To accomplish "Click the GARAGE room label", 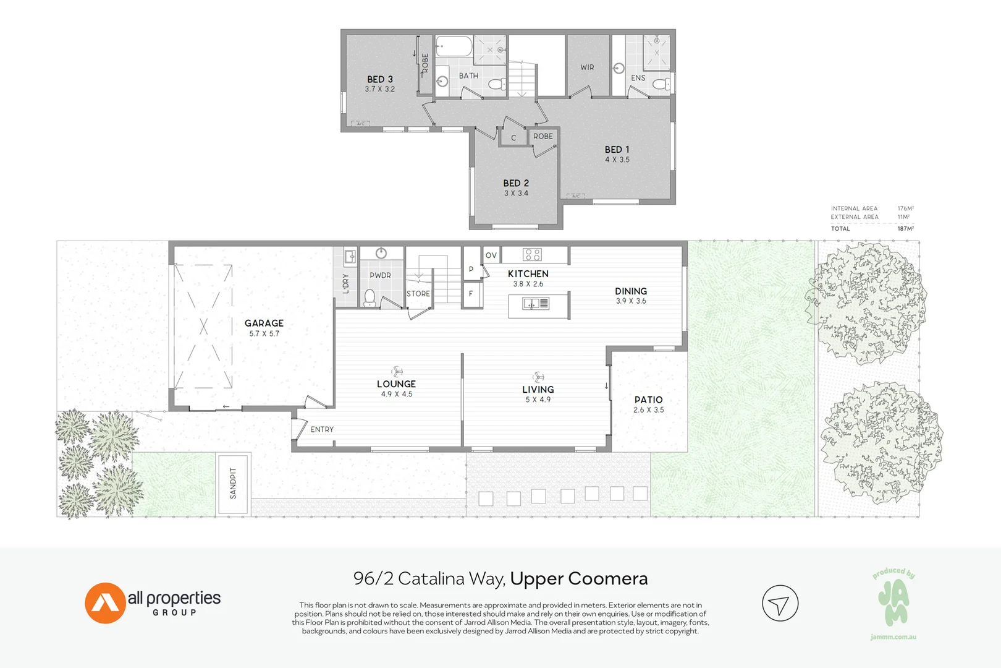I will (264, 323).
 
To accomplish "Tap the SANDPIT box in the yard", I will (233, 484).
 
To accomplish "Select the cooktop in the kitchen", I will (532, 254).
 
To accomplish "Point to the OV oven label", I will (491, 255).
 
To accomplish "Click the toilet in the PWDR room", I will (370, 298).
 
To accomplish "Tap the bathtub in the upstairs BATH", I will (454, 46).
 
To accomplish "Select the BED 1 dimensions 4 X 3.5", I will (617, 160).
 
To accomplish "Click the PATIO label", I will (648, 400).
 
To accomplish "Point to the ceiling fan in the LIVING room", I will (538, 377).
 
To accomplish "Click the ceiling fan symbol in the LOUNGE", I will (397, 371).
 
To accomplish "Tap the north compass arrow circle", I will (780, 603).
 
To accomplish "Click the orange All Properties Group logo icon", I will (105, 602).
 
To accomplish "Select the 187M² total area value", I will (905, 228).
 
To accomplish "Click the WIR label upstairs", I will (587, 67).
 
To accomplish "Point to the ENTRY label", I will (322, 429).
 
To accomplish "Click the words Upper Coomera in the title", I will (578, 578).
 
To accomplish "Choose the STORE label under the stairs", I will (418, 294).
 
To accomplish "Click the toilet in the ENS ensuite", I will (660, 83).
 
